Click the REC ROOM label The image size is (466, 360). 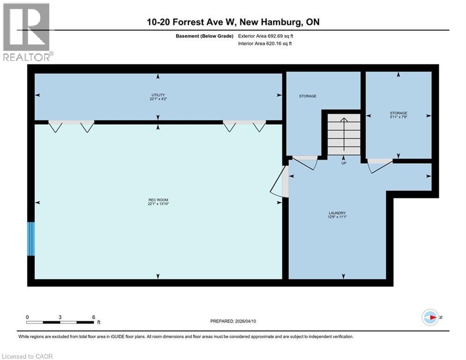tap(158, 202)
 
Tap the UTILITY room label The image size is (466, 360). tap(158, 97)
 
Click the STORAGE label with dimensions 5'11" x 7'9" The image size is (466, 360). tap(398, 115)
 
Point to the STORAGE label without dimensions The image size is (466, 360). tap(308, 96)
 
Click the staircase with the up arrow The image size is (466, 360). tap(343, 133)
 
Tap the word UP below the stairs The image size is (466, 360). tap(343, 163)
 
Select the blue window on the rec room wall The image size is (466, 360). tap(31, 239)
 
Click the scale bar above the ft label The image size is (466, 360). tap(59, 322)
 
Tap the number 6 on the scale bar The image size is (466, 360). tap(93, 317)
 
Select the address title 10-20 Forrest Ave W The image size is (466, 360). tap(232, 22)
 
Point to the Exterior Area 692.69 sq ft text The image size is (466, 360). tap(266, 36)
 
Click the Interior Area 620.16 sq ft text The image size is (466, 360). tap(266, 44)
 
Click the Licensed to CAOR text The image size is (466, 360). tap(27, 356)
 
